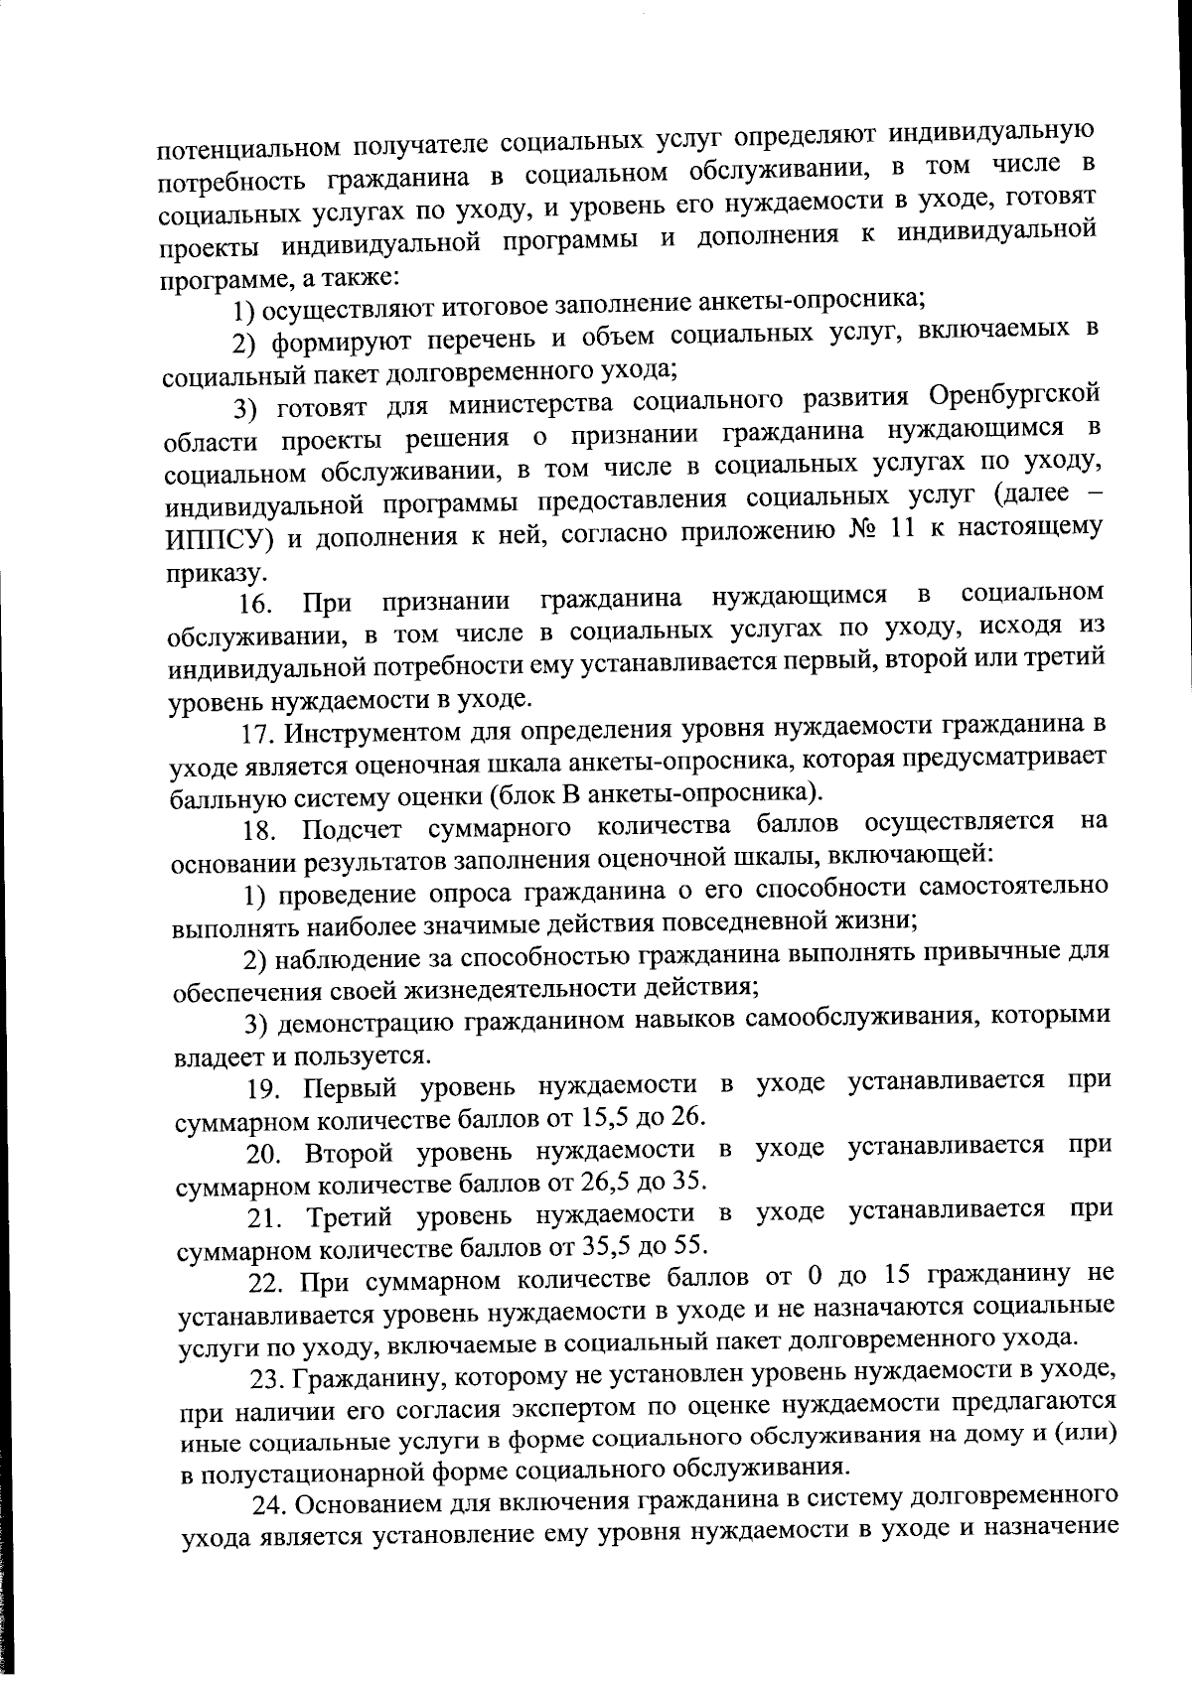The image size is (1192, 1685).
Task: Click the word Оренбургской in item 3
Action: (x=1014, y=395)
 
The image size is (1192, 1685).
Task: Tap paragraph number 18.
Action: (x=259, y=830)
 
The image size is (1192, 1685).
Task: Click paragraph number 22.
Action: (x=264, y=1280)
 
